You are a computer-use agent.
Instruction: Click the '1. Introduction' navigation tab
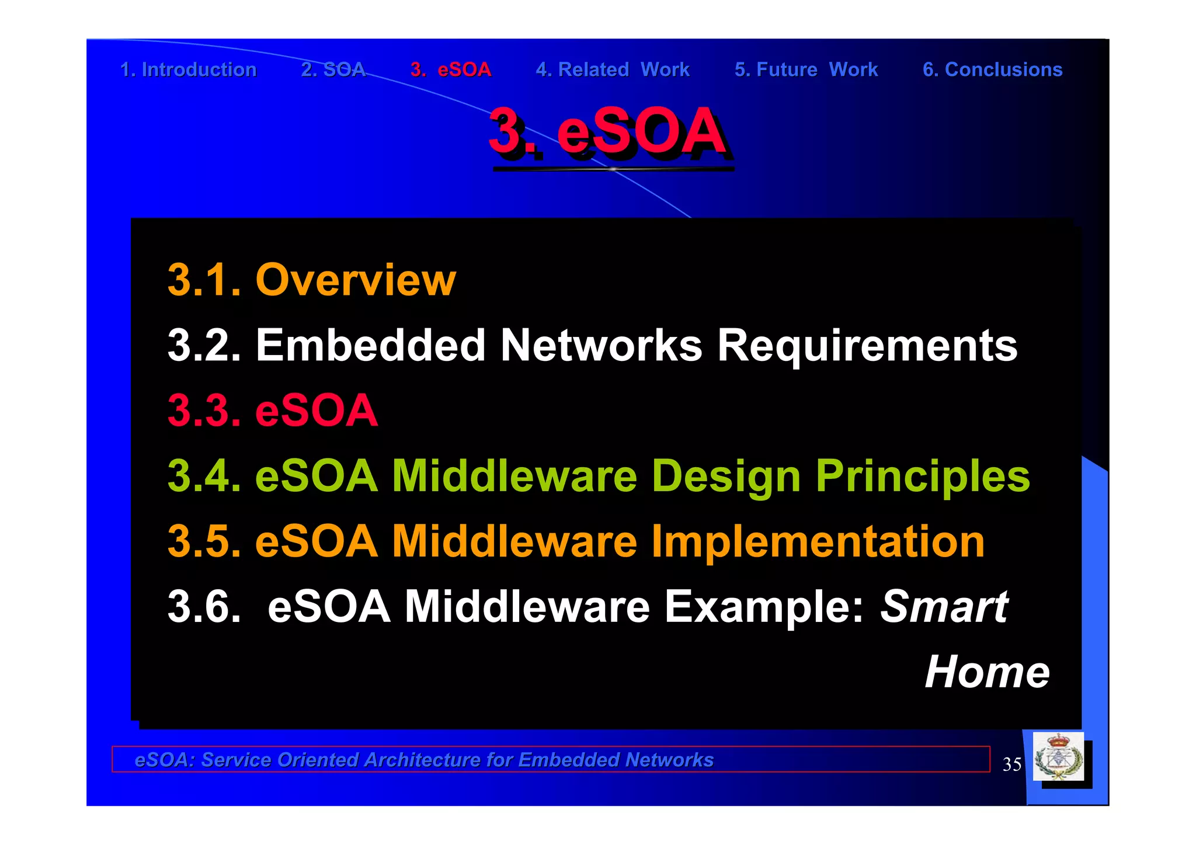click(x=188, y=69)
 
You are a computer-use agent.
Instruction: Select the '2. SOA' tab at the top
click(x=333, y=69)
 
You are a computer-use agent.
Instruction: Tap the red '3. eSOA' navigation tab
click(x=450, y=69)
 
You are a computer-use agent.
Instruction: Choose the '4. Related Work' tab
click(x=613, y=69)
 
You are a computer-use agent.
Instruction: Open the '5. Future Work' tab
click(x=806, y=69)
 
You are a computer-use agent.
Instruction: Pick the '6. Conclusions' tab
click(x=992, y=69)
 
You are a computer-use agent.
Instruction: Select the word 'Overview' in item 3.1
click(x=356, y=280)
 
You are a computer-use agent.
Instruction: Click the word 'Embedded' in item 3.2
click(x=370, y=345)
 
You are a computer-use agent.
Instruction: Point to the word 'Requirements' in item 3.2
click(x=867, y=345)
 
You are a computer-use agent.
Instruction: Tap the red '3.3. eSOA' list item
click(x=273, y=410)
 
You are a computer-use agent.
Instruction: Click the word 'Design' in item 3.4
click(x=726, y=476)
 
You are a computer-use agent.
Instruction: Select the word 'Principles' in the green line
click(x=923, y=476)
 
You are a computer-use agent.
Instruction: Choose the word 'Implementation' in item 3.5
click(x=818, y=541)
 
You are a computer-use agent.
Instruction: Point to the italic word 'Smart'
click(x=944, y=607)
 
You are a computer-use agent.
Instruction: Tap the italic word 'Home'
click(x=987, y=672)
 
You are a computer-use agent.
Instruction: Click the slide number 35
click(x=1012, y=764)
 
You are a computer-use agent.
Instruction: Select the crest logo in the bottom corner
click(x=1058, y=757)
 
